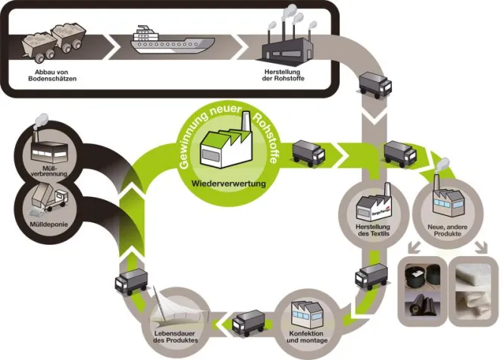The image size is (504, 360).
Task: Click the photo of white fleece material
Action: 475,287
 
